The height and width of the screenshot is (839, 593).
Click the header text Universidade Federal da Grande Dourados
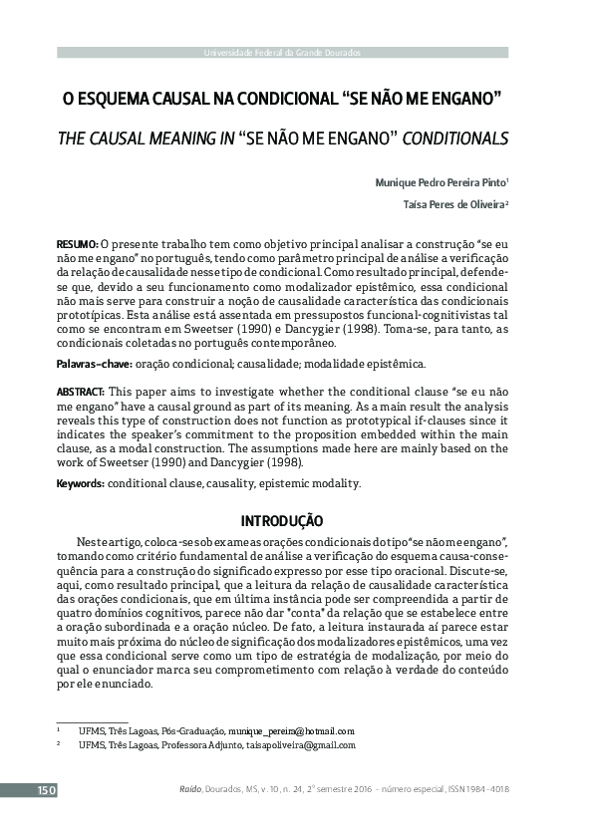tap(282, 52)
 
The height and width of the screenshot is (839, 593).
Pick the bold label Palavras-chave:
tap(94, 365)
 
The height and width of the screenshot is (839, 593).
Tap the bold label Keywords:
tap(80, 483)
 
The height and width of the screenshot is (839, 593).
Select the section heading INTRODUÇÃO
tap(282, 519)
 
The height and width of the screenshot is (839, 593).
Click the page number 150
tap(47, 790)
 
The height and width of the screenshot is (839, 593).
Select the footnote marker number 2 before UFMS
tap(59, 744)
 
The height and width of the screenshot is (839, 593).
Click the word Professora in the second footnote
tap(175, 744)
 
